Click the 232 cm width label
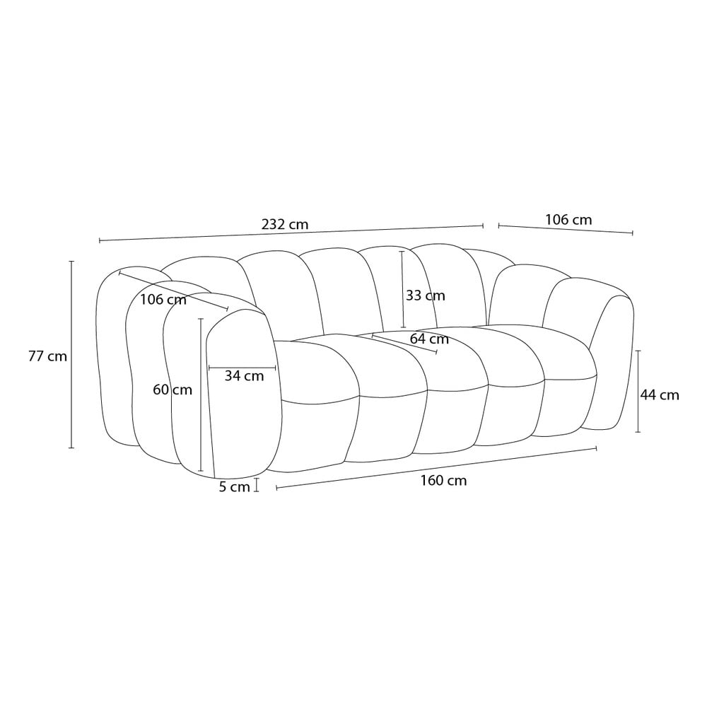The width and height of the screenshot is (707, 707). point(285,224)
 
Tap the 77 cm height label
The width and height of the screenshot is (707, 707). point(47,356)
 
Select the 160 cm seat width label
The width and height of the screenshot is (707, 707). point(444,481)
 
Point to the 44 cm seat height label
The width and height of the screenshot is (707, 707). point(660,395)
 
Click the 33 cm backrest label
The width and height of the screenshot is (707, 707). point(425,296)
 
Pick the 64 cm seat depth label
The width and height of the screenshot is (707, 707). point(429,339)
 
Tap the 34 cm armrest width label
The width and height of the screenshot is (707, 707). point(245,375)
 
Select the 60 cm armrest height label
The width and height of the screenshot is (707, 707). point(173,390)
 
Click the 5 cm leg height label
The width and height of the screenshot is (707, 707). point(235,487)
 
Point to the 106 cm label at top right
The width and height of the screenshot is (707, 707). point(568,220)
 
